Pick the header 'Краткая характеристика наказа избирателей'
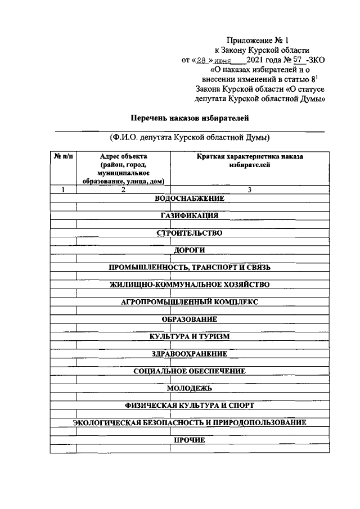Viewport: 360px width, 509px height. (x=250, y=161)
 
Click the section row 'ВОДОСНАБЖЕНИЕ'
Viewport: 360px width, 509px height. (x=190, y=198)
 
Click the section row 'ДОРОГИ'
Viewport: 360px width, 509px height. (x=190, y=250)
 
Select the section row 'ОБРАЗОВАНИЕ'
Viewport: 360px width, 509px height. (x=190, y=319)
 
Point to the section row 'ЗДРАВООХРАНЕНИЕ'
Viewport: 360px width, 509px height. (x=190, y=354)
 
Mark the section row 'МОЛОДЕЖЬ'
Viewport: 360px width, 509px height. (x=190, y=388)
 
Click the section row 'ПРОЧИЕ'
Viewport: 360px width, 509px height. (x=190, y=440)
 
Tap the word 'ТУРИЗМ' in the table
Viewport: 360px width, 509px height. (x=212, y=336)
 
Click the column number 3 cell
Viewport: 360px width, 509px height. (x=249, y=190)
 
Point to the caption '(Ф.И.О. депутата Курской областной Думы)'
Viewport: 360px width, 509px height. (x=190, y=137)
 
